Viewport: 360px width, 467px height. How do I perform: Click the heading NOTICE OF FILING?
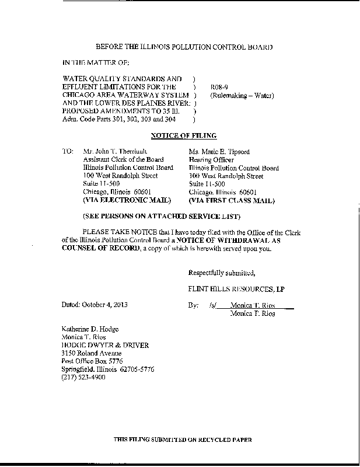[x=184, y=135]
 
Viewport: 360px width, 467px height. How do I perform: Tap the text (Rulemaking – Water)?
[x=237, y=95]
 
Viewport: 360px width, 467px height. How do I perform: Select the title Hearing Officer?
[x=211, y=160]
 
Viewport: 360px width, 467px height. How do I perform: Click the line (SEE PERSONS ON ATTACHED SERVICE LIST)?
[x=162, y=217]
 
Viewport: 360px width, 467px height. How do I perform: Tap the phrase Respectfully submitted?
[x=221, y=273]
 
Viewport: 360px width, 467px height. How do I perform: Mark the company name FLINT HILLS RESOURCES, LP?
[x=236, y=290]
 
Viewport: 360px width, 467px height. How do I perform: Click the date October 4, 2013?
[x=111, y=305]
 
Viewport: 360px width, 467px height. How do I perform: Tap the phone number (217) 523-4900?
[x=83, y=378]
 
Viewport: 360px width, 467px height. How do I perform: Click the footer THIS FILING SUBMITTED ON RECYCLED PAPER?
[x=183, y=439]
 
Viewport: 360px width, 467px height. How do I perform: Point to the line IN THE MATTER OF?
[x=96, y=62]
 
